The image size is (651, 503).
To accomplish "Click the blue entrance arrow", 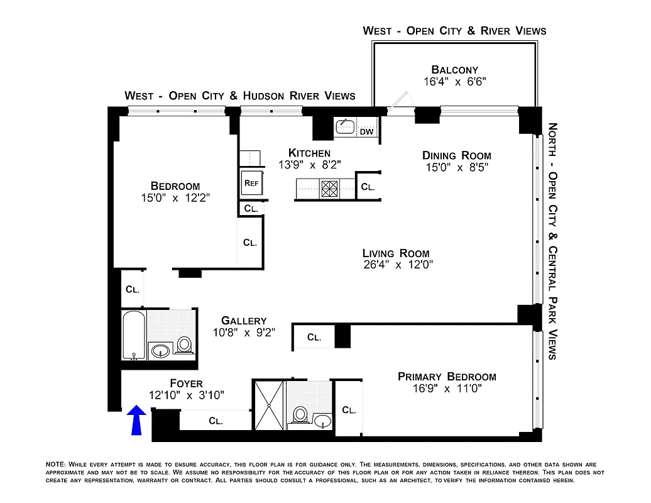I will click(x=137, y=420).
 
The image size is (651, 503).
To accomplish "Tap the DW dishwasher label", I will click(x=366, y=132).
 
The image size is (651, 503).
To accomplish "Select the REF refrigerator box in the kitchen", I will click(x=251, y=183).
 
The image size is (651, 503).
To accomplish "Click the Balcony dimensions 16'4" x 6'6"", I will click(x=455, y=81).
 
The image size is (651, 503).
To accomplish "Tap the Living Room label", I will click(x=398, y=253).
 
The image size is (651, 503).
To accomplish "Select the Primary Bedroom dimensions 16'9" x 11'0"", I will click(x=447, y=389).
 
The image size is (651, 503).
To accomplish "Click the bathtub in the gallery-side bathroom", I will click(x=134, y=334).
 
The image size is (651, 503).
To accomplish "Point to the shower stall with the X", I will click(x=269, y=404).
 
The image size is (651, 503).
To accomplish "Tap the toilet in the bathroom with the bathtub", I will click(x=185, y=344).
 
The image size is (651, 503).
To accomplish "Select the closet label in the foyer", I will click(x=216, y=421).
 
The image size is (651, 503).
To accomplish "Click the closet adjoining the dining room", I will click(x=368, y=187).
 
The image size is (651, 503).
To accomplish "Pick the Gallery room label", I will click(x=244, y=321).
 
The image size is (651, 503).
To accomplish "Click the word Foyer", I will click(x=186, y=384).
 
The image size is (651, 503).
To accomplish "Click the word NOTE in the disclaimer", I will click(x=55, y=464).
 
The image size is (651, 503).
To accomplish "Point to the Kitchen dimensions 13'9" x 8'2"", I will click(x=309, y=165).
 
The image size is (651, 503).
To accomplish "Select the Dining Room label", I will click(x=456, y=155).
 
